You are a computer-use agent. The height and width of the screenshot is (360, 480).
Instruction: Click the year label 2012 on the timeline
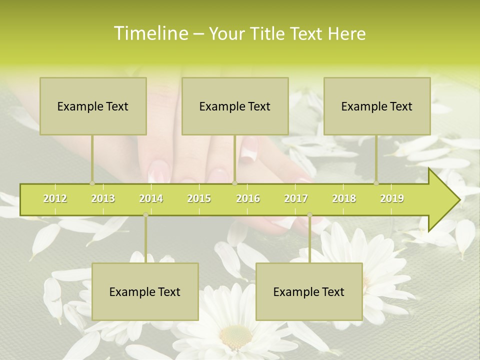pyautogui.click(x=55, y=198)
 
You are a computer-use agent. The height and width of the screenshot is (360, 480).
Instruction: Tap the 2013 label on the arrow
pyautogui.click(x=103, y=198)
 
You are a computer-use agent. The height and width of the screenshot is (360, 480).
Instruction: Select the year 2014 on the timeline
pyautogui.click(x=151, y=198)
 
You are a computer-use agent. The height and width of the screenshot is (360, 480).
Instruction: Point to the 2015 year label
pyautogui.click(x=199, y=198)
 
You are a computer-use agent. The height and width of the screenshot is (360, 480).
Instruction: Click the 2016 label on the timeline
pyautogui.click(x=248, y=198)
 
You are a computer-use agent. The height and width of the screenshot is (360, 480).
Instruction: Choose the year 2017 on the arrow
pyautogui.click(x=296, y=198)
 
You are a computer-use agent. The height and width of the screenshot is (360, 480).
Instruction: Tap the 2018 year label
pyautogui.click(x=344, y=198)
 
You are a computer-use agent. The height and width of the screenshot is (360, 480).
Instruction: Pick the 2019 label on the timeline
pyautogui.click(x=392, y=198)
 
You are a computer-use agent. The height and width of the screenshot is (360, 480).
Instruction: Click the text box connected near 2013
pyautogui.click(x=93, y=106)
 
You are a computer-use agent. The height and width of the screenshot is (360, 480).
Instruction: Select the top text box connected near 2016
pyautogui.click(x=235, y=106)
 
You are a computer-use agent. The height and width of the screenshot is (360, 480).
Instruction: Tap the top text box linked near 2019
pyautogui.click(x=377, y=106)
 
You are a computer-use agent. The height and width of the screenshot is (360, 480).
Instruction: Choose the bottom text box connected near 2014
pyautogui.click(x=145, y=291)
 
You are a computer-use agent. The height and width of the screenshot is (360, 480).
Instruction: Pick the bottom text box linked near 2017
pyautogui.click(x=309, y=291)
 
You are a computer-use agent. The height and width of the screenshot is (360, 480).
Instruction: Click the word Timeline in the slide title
pyautogui.click(x=150, y=33)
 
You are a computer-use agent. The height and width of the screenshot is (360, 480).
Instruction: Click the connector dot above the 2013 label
pyautogui.click(x=92, y=183)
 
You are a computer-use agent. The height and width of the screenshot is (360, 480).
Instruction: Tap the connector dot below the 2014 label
pyautogui.click(x=145, y=215)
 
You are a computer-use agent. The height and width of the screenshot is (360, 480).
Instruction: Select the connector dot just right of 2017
pyautogui.click(x=309, y=215)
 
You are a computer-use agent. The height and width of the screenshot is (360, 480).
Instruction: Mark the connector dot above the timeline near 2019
pyautogui.click(x=376, y=183)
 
